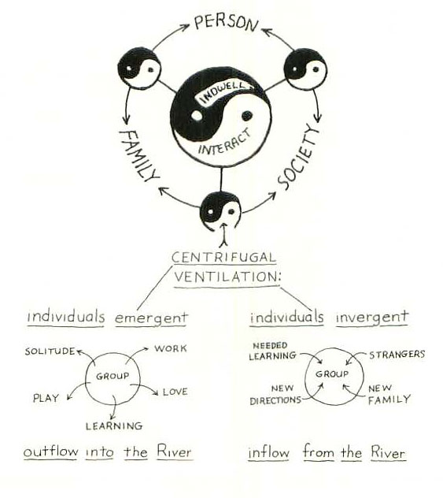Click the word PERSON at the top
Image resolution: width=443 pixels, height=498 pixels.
(226, 23)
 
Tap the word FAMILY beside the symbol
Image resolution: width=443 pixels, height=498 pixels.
(138, 156)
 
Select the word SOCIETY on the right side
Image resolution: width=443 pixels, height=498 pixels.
(298, 157)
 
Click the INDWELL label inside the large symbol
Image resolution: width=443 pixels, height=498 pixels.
(223, 91)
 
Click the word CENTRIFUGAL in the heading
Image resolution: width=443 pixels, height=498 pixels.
(223, 257)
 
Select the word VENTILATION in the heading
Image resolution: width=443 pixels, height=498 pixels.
(227, 277)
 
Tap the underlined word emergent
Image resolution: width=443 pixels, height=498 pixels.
(151, 318)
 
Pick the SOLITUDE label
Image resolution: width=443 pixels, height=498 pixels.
(50, 351)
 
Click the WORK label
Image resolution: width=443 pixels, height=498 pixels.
(171, 348)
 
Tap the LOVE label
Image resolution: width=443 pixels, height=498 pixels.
(175, 392)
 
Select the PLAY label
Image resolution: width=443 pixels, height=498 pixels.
(46, 398)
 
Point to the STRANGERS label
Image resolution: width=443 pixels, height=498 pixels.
(397, 354)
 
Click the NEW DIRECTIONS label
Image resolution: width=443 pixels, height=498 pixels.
(275, 395)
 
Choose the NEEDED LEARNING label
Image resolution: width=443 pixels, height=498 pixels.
(272, 351)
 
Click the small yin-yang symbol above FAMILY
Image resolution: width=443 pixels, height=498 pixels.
(139, 68)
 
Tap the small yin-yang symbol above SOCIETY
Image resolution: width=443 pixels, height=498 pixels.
(305, 69)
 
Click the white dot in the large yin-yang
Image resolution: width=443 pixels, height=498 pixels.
(197, 116)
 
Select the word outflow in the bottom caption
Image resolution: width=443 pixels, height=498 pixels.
(50, 452)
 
